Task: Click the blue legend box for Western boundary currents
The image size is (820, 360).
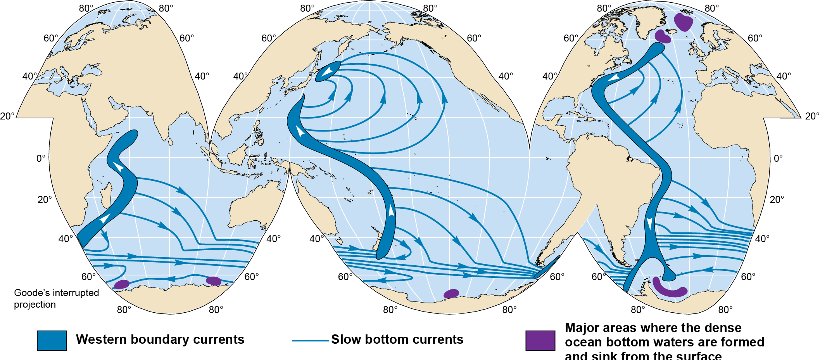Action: [x=52, y=340]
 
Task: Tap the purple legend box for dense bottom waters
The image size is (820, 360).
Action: [x=540, y=340]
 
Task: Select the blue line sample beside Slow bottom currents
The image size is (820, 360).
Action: [x=310, y=341]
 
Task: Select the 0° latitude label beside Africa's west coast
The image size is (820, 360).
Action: [x=41, y=158]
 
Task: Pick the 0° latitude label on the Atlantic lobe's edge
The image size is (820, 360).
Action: [x=778, y=158]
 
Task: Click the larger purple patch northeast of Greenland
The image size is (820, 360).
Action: [x=683, y=22]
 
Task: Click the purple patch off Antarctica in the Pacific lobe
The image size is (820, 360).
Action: [x=451, y=293]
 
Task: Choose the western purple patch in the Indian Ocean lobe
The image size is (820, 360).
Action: [x=122, y=284]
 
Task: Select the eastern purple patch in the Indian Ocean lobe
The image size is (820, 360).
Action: [x=213, y=280]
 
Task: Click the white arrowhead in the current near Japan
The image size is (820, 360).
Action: [x=328, y=71]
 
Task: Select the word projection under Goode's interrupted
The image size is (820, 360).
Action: [x=35, y=305]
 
